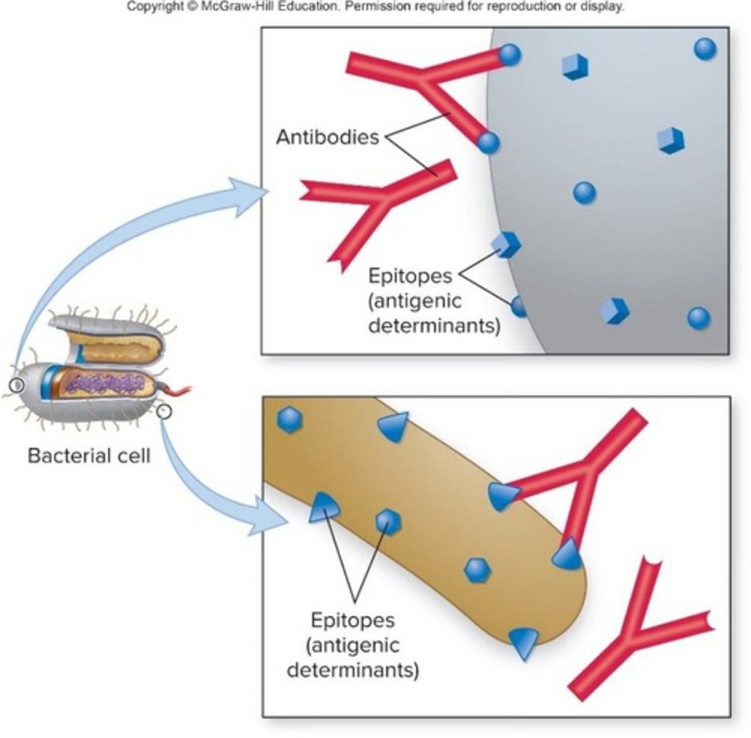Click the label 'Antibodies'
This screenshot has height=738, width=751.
[x=327, y=137]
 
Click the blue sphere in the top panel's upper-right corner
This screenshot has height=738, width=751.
[x=704, y=49]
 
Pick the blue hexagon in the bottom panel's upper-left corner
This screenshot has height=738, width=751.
[x=288, y=421]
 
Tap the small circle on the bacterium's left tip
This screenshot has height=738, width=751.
[x=17, y=386]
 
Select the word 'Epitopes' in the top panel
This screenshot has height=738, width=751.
[x=410, y=276]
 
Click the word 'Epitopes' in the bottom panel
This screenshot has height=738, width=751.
[x=352, y=620]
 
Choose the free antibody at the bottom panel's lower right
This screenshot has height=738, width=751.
[x=640, y=627]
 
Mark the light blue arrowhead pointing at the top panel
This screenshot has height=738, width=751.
[x=249, y=196]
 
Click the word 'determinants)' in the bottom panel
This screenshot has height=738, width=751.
[x=352, y=669]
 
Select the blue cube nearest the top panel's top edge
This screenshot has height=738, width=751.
[x=575, y=66]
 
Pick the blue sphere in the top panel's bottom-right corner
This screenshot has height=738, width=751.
[x=698, y=318]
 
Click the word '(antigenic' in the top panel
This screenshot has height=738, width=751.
[x=415, y=301]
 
